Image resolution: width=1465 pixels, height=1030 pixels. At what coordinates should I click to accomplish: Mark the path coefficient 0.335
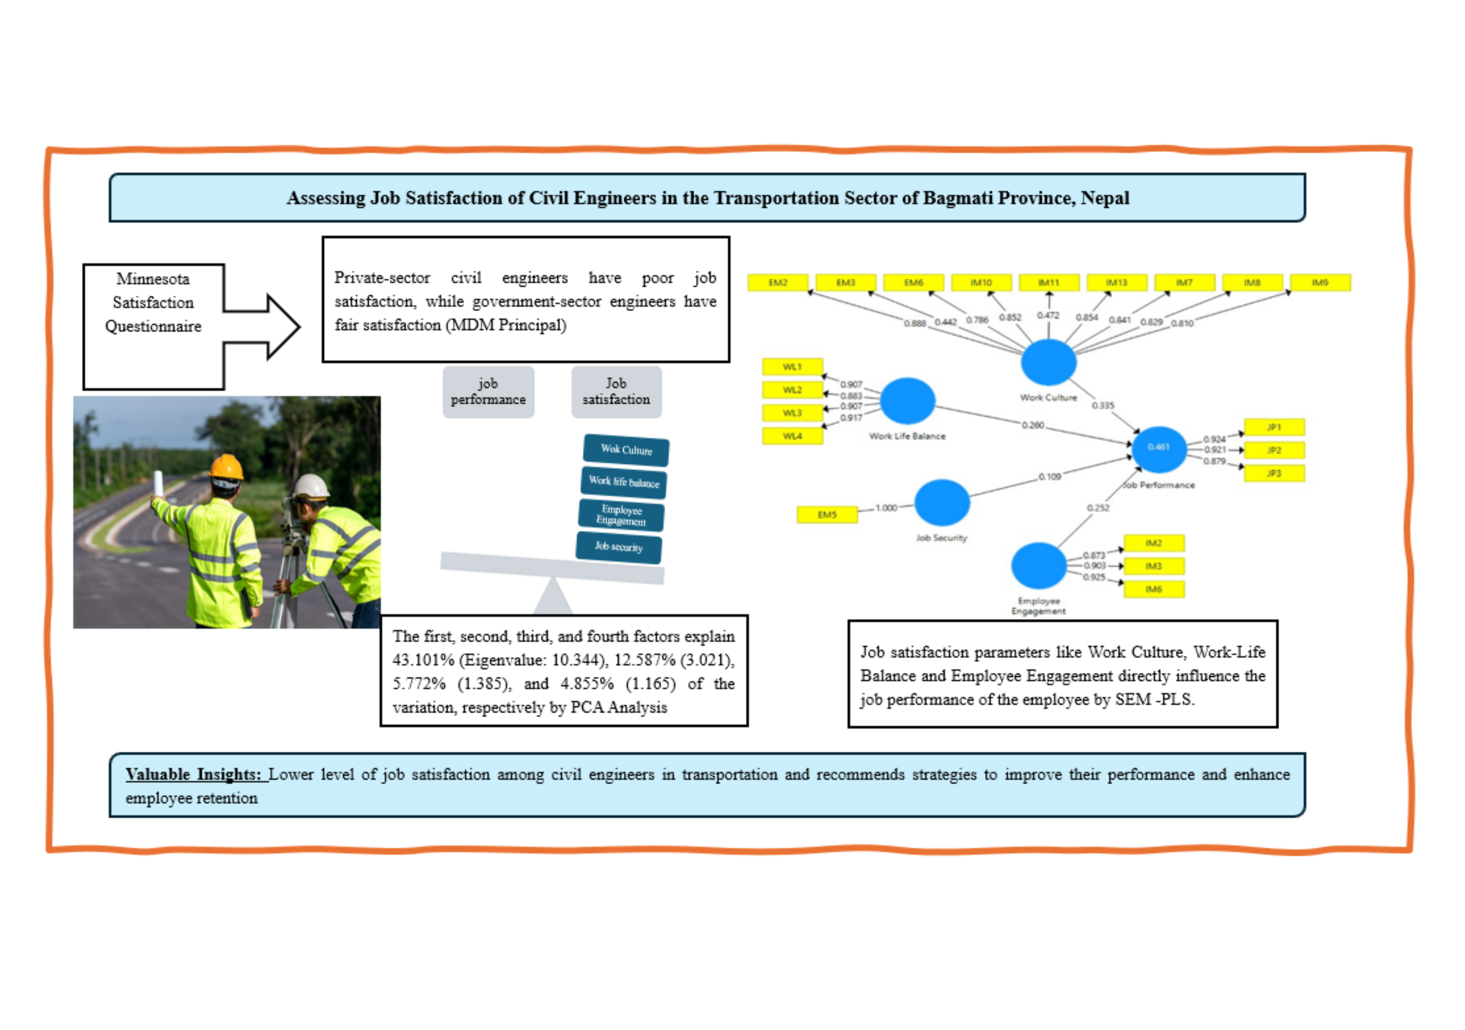tap(1103, 406)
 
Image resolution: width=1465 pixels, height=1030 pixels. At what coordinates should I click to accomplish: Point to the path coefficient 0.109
tap(1049, 476)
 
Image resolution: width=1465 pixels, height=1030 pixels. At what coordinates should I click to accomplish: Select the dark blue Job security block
tap(618, 547)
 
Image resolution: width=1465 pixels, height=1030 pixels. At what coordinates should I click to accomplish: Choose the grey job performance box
tap(488, 392)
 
